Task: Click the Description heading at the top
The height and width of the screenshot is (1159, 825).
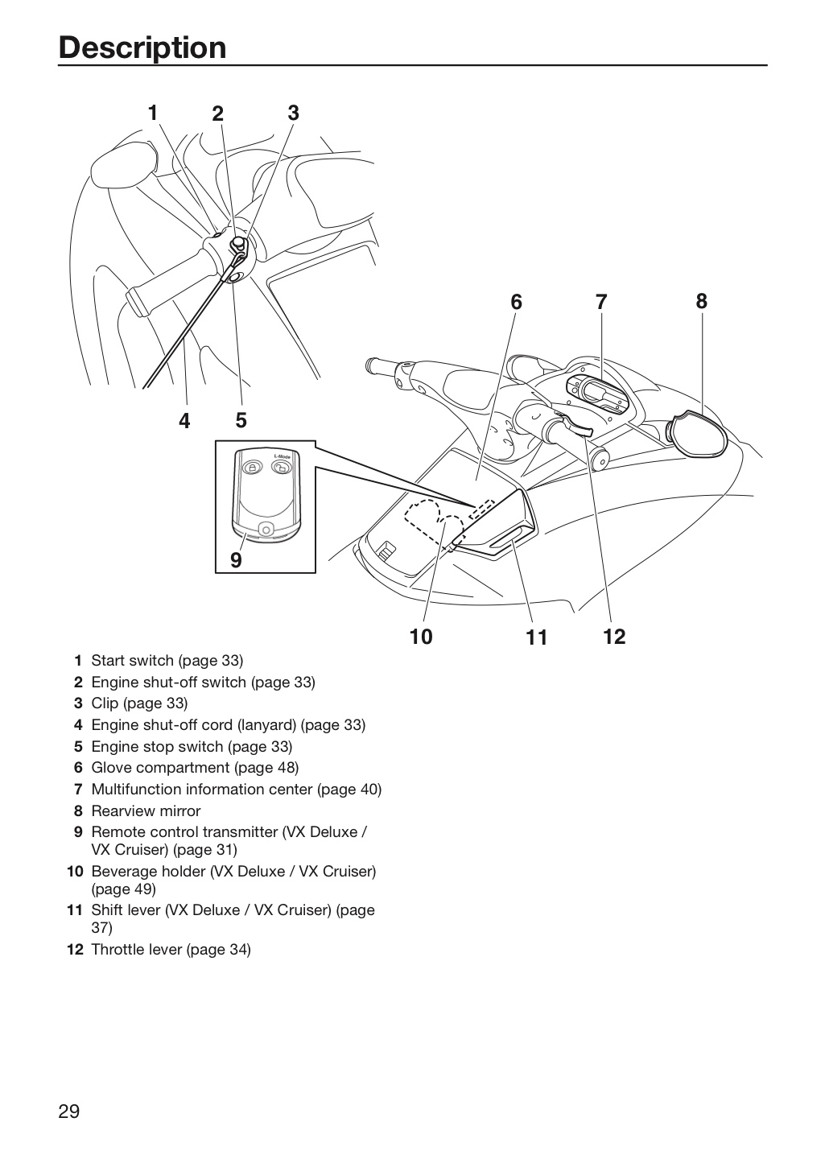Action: click(142, 47)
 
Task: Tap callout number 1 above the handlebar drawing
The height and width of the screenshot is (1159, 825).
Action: click(153, 113)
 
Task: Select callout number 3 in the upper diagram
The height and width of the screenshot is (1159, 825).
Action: click(294, 113)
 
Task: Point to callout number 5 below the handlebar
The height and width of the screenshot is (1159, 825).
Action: click(241, 420)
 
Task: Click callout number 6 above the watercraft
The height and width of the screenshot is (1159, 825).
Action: click(516, 302)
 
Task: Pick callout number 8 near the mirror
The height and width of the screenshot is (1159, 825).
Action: click(701, 301)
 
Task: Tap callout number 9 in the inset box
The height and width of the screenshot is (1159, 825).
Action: click(236, 560)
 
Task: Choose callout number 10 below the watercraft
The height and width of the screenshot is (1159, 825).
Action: click(421, 637)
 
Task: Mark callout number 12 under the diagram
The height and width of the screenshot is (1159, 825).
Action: click(614, 637)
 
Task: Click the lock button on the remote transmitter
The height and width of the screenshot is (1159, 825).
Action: click(253, 467)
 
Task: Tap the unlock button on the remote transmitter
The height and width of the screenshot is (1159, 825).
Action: click(282, 468)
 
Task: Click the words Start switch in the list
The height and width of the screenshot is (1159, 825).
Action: click(133, 661)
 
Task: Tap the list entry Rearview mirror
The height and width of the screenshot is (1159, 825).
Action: click(146, 810)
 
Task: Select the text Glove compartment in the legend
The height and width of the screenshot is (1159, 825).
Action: click(160, 768)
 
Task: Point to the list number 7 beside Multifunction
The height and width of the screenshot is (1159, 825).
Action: click(79, 790)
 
